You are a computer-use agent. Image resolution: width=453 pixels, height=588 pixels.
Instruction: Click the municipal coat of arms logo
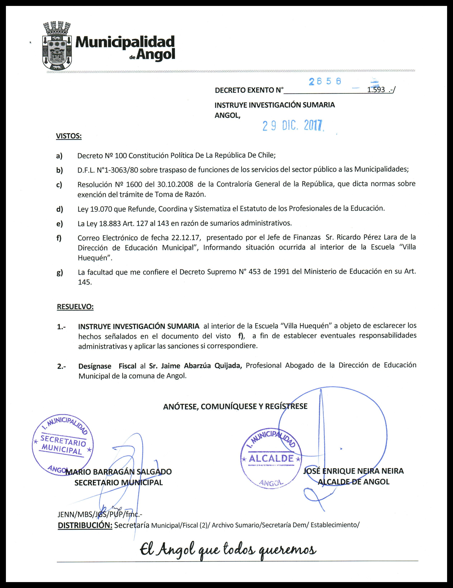click(57, 46)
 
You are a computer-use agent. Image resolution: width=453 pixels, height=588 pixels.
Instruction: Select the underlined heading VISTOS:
click(69, 136)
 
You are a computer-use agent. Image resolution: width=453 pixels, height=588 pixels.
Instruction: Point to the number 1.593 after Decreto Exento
click(376, 90)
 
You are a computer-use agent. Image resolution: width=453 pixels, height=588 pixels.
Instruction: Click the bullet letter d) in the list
click(60, 209)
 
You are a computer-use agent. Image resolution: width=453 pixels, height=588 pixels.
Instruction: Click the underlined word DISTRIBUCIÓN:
click(85, 525)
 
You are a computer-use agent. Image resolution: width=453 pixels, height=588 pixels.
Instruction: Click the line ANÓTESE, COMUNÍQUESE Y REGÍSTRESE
click(235, 406)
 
